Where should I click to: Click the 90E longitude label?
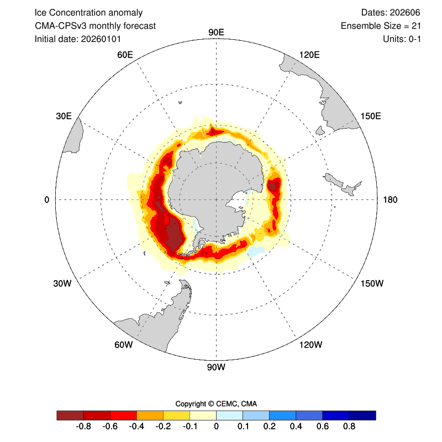click(x=215, y=32)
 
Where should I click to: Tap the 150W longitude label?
click(x=371, y=283)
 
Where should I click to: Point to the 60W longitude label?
click(x=123, y=345)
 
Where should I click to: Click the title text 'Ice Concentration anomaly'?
click(x=88, y=13)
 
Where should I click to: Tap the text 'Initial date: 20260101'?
click(x=78, y=39)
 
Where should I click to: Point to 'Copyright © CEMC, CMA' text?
click(x=216, y=403)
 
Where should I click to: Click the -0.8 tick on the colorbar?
click(x=83, y=427)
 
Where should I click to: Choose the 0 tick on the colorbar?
click(x=216, y=427)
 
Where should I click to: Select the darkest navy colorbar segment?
click(x=362, y=415)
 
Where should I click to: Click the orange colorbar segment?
click(x=150, y=415)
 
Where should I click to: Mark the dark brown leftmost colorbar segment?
click(x=70, y=415)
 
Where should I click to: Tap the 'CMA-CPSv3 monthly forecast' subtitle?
click(x=95, y=26)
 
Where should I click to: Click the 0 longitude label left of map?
click(x=47, y=199)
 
